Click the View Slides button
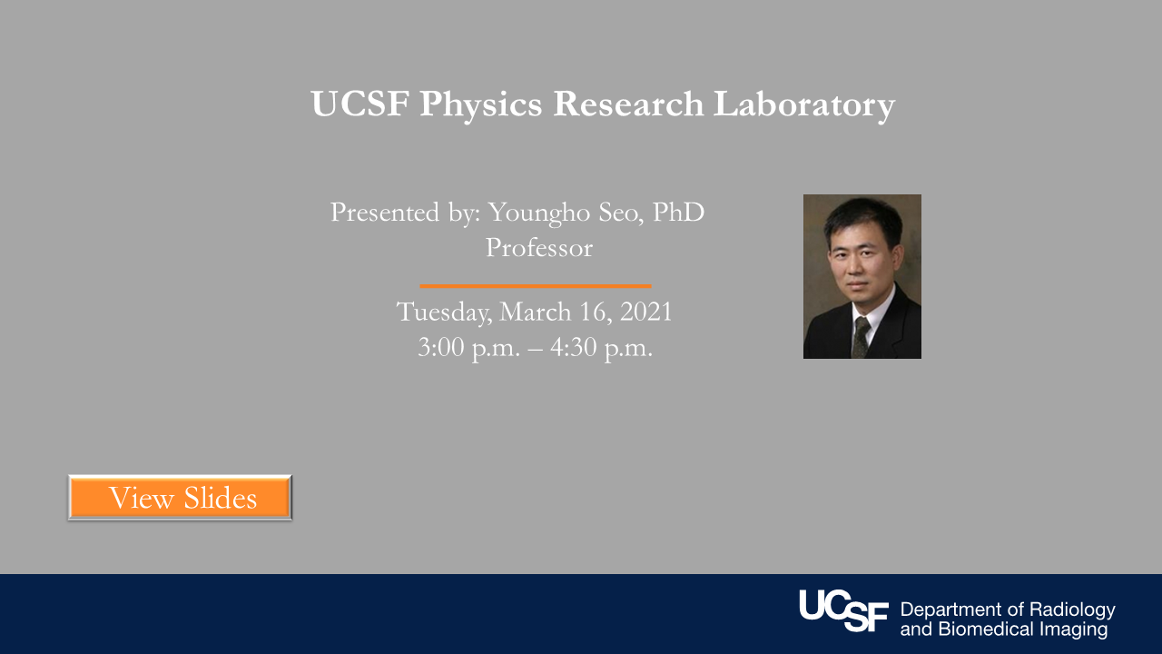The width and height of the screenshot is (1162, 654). [x=180, y=498]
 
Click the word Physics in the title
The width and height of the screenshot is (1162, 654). [x=480, y=104]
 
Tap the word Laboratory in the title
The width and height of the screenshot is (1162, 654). [x=803, y=104]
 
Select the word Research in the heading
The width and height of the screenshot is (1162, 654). [x=628, y=104]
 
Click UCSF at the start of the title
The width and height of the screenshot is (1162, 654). [x=359, y=104]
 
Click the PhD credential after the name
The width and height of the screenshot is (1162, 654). [x=678, y=213]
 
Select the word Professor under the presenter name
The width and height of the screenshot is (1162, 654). [x=538, y=247]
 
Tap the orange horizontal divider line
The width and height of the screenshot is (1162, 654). [x=535, y=286]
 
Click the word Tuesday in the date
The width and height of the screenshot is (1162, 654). [x=445, y=312]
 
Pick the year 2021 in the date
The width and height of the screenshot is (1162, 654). [x=645, y=312]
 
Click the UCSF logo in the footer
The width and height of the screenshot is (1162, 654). [x=843, y=610]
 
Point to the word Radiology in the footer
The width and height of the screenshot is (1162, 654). [x=1073, y=609]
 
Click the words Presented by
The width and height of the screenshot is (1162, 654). [x=405, y=213]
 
